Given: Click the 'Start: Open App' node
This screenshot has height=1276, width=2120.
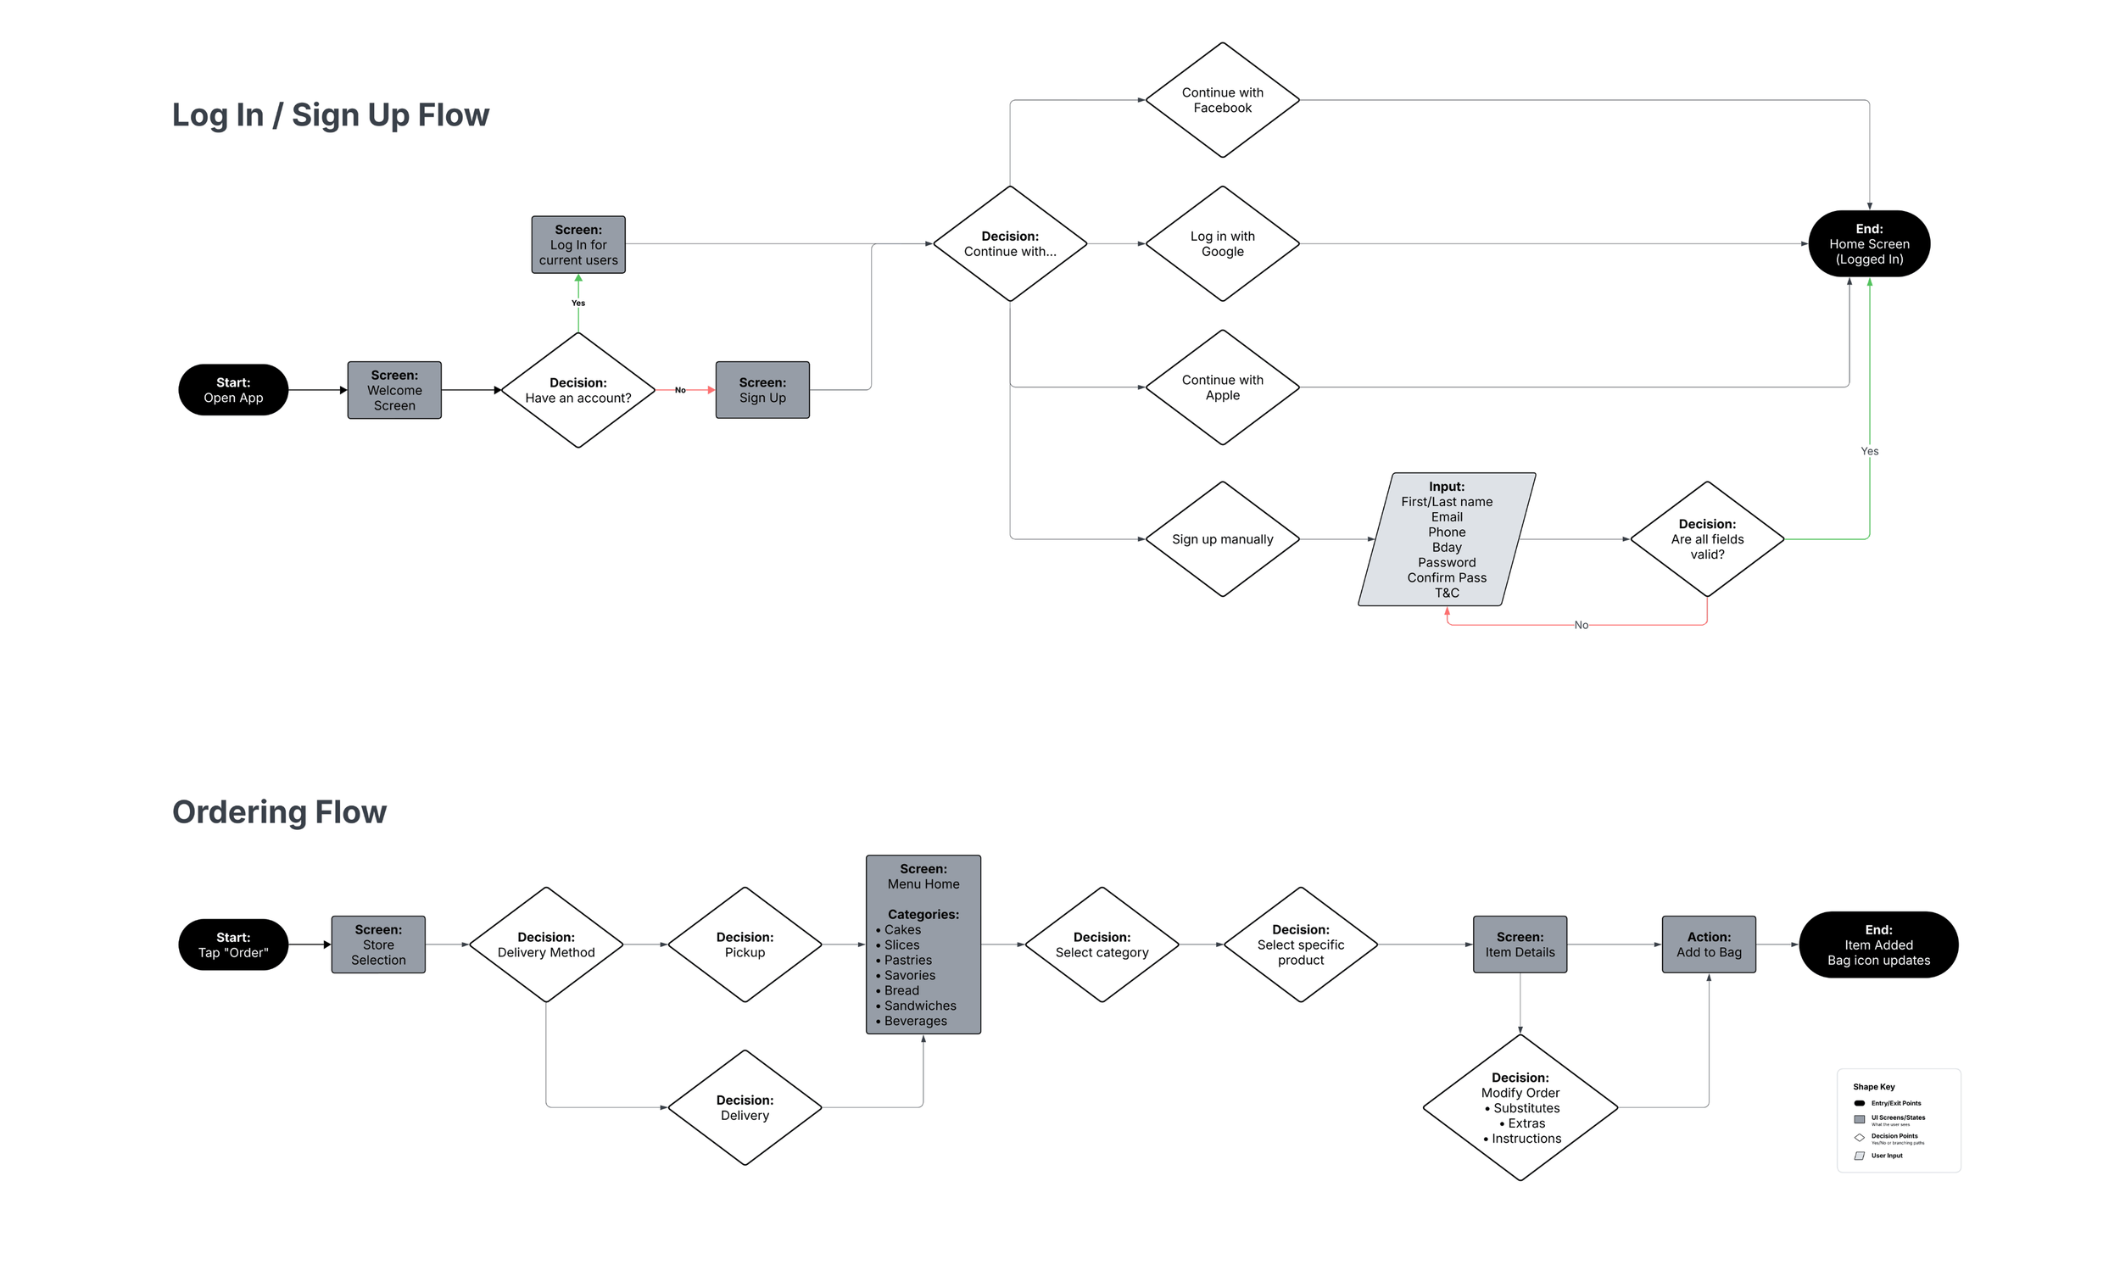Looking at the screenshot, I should click(x=233, y=390).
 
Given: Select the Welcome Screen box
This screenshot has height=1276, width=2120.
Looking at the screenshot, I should click(x=394, y=390).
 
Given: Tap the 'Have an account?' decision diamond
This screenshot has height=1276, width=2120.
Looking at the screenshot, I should click(x=578, y=390).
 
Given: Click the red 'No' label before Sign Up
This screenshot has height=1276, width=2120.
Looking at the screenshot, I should click(x=679, y=390).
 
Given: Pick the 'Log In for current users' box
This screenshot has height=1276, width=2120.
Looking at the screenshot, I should click(x=578, y=245).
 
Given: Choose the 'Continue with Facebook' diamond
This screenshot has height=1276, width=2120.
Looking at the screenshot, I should click(x=1221, y=101).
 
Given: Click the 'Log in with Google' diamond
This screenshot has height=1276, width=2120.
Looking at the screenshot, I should click(x=1221, y=244).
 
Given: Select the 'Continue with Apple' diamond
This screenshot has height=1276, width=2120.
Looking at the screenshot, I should click(x=1221, y=387).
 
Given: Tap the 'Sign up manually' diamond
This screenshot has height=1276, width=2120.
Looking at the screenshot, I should click(x=1221, y=539).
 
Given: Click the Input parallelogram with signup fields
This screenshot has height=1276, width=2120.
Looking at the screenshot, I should click(x=1446, y=539).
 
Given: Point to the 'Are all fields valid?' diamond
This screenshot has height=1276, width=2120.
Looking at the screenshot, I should click(x=1706, y=539).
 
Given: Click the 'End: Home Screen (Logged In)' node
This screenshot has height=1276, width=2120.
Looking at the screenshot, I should click(x=1868, y=244).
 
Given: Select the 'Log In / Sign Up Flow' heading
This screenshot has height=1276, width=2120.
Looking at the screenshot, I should click(x=330, y=115).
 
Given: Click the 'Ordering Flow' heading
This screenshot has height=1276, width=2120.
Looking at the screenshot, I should click(x=280, y=811).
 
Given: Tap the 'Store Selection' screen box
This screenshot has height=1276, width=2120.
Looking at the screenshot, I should click(x=378, y=944).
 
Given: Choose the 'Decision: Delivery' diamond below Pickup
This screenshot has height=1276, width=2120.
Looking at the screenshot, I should click(x=744, y=1107).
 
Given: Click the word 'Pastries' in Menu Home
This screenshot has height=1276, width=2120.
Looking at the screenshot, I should click(x=907, y=960).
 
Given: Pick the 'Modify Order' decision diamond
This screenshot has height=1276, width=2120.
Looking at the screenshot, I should click(x=1520, y=1107).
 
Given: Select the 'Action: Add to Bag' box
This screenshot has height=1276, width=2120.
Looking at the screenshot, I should click(x=1708, y=944).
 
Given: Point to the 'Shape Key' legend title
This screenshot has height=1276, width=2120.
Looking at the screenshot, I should click(x=1873, y=1087).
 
